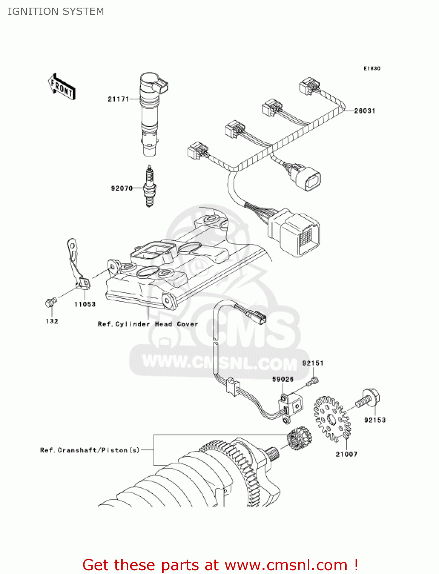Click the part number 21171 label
(x=118, y=99)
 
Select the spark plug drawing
(x=149, y=186)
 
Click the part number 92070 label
(x=122, y=188)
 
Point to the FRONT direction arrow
(x=62, y=87)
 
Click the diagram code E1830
(x=372, y=68)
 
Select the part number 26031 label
(x=364, y=111)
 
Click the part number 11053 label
(x=85, y=304)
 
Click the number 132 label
(x=52, y=321)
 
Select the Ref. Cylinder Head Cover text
(x=148, y=324)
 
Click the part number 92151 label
(x=313, y=363)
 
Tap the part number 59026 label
(x=283, y=379)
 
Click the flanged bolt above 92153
(x=369, y=398)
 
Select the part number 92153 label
(x=375, y=420)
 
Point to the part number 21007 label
(x=346, y=454)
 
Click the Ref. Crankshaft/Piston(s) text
(x=90, y=450)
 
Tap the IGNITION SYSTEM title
(x=56, y=11)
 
